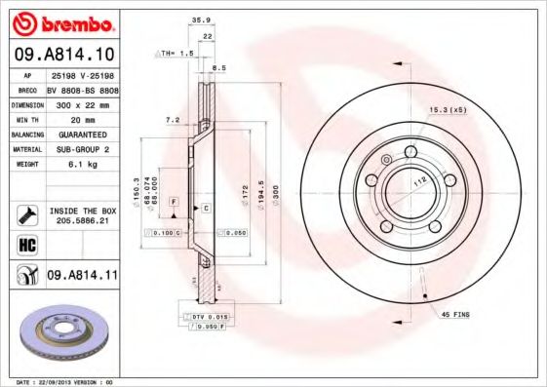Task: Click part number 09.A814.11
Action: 82,277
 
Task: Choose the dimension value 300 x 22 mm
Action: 82,102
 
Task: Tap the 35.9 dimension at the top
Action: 201,19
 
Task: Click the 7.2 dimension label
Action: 173,120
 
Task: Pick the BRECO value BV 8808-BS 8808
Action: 82,88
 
